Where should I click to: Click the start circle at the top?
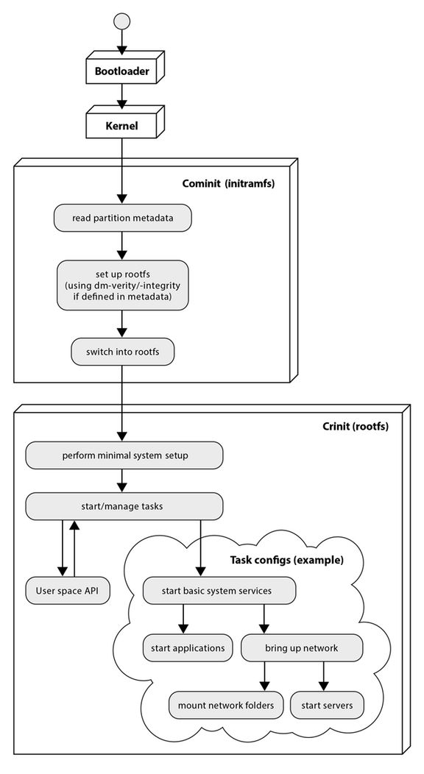point(122,19)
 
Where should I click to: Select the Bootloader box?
point(122,72)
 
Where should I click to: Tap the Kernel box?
point(122,126)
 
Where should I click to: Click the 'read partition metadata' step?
point(122,218)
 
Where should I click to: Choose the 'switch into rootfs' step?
point(122,352)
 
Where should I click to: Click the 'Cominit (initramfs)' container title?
point(228,182)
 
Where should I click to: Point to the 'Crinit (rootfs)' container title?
point(356,426)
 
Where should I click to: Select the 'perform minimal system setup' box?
point(124,455)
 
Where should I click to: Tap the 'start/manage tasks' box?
point(124,506)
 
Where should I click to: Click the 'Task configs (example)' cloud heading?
point(287,559)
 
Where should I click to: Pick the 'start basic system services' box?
point(218,590)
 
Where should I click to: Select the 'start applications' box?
point(187,647)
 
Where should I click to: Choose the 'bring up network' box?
point(302,647)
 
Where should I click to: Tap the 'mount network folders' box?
point(226,705)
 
